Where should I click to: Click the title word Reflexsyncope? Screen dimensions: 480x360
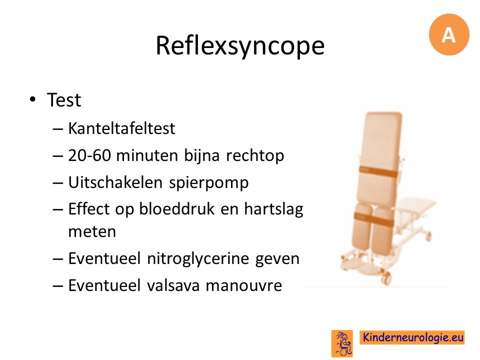(x=240, y=46)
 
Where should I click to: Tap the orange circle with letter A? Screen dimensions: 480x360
(x=449, y=34)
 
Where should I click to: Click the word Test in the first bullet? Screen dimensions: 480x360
(x=63, y=100)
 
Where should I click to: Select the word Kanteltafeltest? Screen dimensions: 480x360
(x=121, y=128)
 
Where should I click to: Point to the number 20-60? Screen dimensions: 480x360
(x=89, y=155)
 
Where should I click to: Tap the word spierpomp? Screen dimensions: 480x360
(x=209, y=183)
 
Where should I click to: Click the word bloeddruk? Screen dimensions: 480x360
(x=176, y=209)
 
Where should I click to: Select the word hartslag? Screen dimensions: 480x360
(x=273, y=209)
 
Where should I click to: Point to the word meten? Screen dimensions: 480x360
(x=92, y=231)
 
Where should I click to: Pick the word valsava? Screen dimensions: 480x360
(x=173, y=285)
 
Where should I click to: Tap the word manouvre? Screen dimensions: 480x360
(x=243, y=286)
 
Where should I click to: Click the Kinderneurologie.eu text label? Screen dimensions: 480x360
(x=412, y=337)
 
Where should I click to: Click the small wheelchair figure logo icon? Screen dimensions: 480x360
(x=342, y=343)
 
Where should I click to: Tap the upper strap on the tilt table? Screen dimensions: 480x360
(x=378, y=171)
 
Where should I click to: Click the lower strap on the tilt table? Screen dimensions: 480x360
(x=373, y=218)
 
